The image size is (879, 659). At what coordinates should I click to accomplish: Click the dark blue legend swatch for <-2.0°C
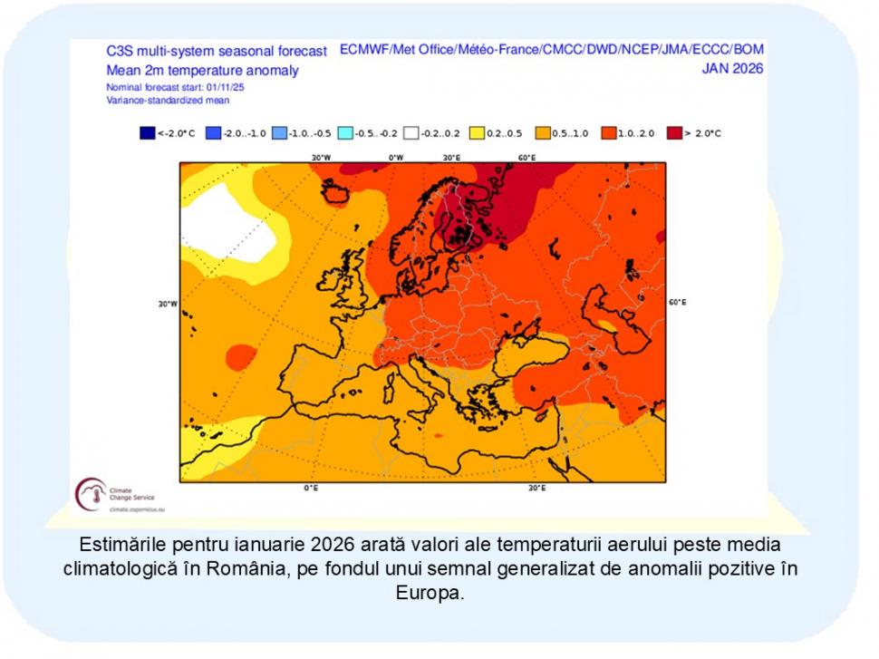(x=148, y=133)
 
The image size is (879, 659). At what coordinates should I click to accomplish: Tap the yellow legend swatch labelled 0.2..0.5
(x=476, y=133)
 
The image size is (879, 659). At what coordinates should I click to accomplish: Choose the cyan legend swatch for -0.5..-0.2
(x=344, y=133)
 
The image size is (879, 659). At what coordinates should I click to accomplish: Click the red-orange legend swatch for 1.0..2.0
(x=608, y=133)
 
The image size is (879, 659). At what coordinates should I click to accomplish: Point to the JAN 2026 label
(x=732, y=68)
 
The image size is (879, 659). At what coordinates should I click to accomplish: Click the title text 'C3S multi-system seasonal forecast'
(x=217, y=52)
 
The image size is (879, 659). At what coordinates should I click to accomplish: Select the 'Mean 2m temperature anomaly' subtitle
(x=202, y=70)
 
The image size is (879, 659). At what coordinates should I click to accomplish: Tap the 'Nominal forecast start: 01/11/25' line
(x=175, y=87)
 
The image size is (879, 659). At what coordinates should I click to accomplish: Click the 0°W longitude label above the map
(x=396, y=157)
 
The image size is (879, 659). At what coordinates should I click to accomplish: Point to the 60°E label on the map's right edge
(x=677, y=302)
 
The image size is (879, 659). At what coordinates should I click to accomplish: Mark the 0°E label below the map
(x=310, y=488)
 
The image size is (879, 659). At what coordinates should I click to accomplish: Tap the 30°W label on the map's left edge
(x=168, y=304)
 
